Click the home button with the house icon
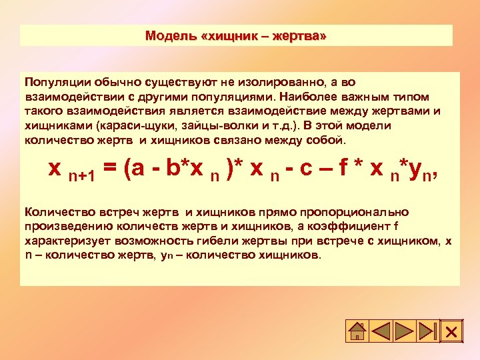click(x=357, y=331)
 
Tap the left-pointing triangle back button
click(x=381, y=331)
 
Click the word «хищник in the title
click(x=229, y=35)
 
